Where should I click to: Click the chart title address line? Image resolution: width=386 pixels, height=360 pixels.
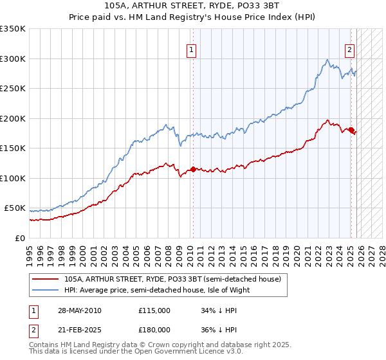pyautogui.click(x=193, y=6)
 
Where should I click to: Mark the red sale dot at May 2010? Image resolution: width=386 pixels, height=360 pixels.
pyautogui.click(x=192, y=170)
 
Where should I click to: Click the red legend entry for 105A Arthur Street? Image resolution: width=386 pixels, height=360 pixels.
pyautogui.click(x=172, y=280)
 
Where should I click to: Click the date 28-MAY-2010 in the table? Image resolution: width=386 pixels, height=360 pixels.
pyautogui.click(x=78, y=310)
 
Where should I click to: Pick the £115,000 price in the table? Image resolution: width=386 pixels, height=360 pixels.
pyautogui.click(x=154, y=310)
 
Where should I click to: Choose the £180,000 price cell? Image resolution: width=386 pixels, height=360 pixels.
pyautogui.click(x=154, y=330)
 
